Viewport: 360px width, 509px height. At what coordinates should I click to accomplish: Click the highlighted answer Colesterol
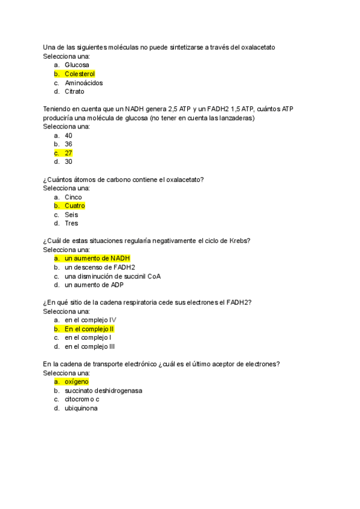tap(79, 74)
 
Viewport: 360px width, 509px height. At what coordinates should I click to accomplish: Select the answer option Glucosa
tap(77, 65)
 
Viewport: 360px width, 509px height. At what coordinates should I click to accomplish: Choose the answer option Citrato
tap(74, 92)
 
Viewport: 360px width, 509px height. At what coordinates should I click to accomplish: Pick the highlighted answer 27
tap(68, 153)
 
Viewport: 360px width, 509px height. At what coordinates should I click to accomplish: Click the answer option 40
tap(68, 136)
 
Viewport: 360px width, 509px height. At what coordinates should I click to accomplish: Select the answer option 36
tap(68, 144)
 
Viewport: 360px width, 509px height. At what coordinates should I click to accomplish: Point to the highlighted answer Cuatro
tap(74, 206)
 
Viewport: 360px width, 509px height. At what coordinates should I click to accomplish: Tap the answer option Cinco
tap(73, 197)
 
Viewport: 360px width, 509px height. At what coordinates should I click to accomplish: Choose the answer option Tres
tap(71, 223)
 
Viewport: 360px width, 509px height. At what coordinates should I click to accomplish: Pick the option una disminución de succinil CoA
tap(112, 276)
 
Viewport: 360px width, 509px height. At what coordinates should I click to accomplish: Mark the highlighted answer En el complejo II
tap(89, 329)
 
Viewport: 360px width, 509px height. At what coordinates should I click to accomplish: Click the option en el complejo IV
tap(90, 320)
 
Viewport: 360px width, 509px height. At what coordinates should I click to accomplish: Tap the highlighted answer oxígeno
tap(76, 382)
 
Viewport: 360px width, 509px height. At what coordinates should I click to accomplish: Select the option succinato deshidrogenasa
tap(103, 391)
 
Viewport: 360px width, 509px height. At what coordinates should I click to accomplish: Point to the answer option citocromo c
tap(82, 399)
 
